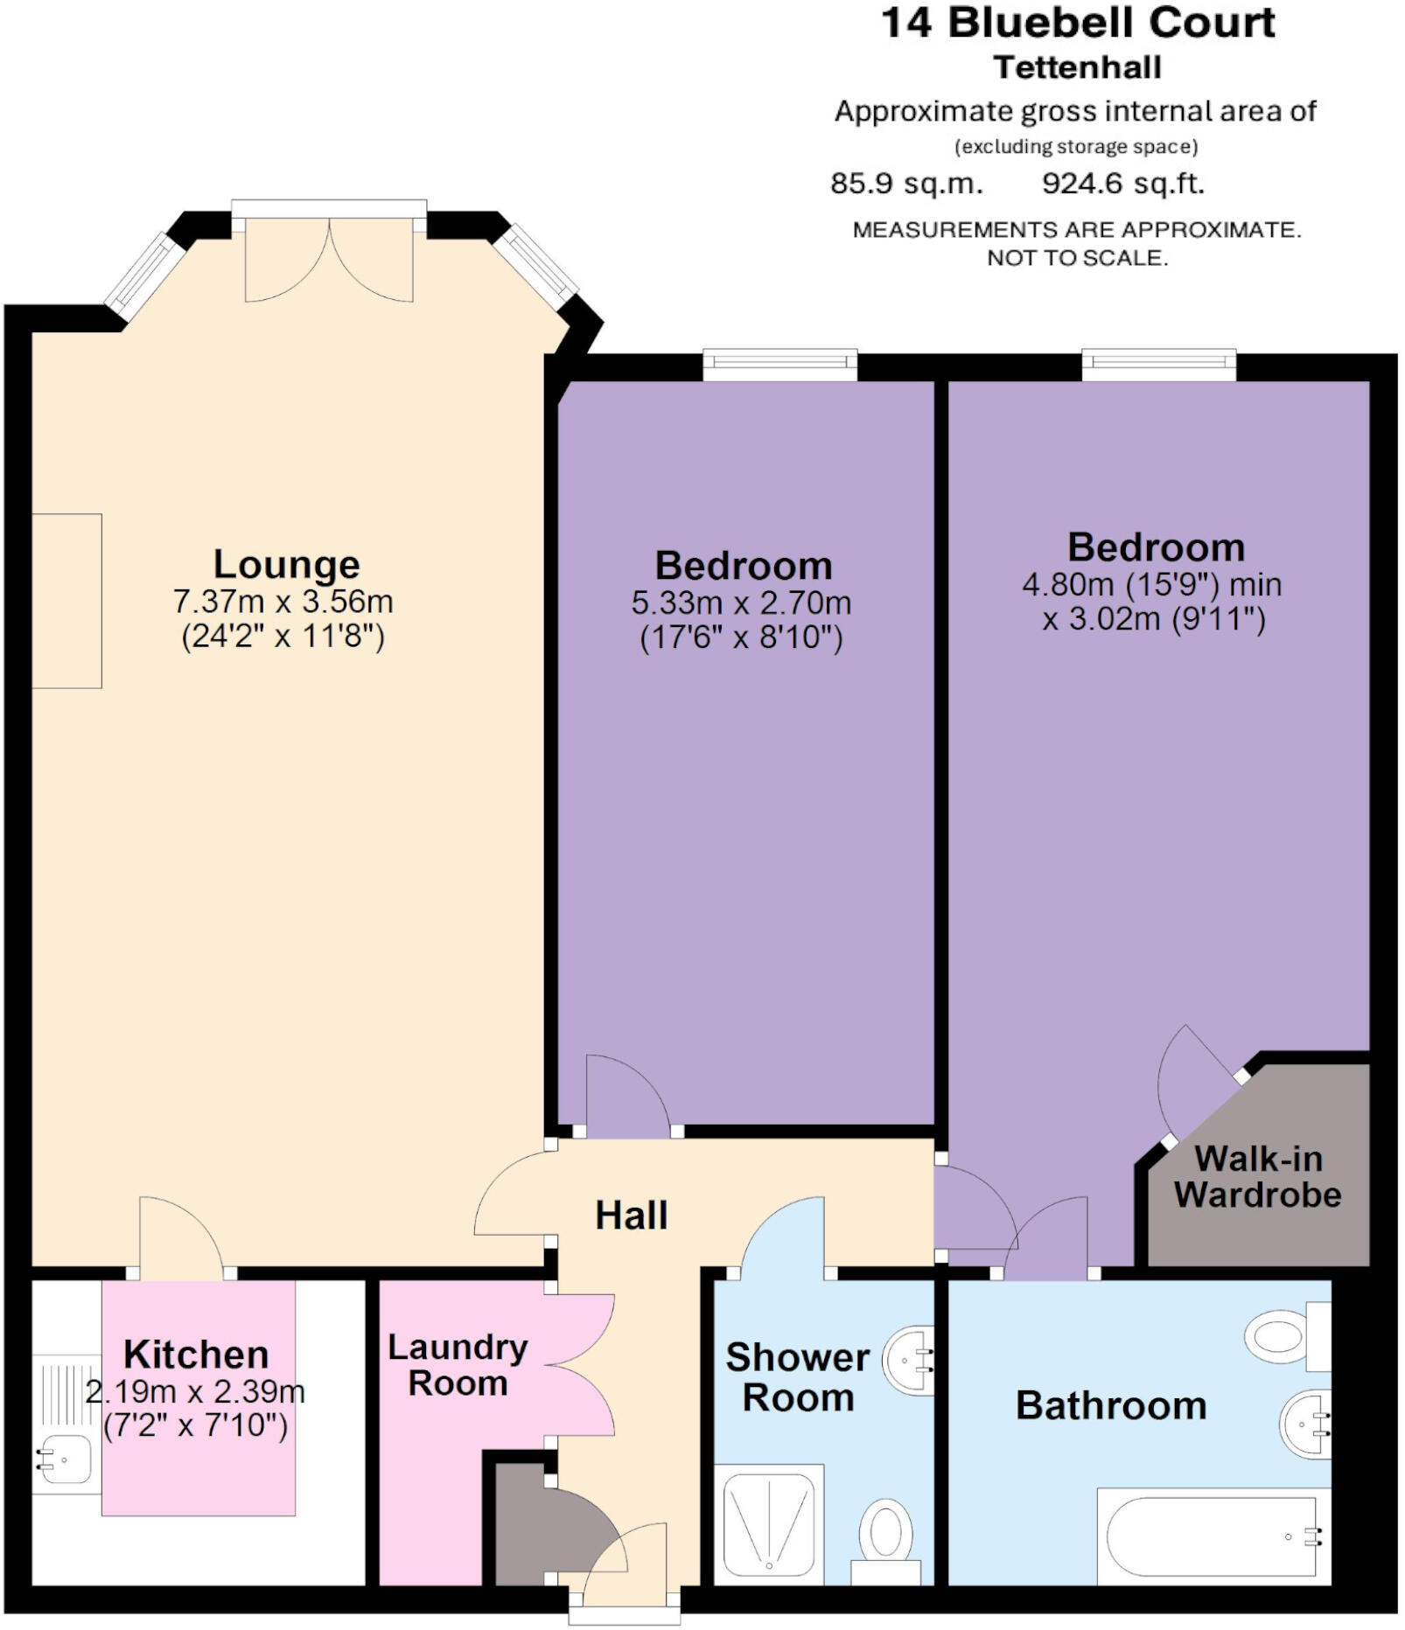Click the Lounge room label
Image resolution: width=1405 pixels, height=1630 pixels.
(286, 565)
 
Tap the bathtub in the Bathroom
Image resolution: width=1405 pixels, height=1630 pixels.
(1213, 1536)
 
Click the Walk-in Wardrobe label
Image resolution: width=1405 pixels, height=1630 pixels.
(1257, 1177)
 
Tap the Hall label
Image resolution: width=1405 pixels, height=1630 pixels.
(631, 1216)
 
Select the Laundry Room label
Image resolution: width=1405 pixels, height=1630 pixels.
(458, 1365)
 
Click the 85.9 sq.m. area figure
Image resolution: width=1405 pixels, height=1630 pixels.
(906, 184)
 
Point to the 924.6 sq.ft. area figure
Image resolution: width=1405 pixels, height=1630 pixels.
(1122, 184)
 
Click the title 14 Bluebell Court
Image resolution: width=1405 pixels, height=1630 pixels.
(1078, 23)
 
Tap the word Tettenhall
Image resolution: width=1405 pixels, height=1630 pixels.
(1078, 67)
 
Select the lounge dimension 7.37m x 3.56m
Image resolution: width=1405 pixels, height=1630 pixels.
(283, 602)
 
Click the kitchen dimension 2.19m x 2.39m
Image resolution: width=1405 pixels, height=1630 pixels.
(195, 1391)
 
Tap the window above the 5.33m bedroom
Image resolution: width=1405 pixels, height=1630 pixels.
(779, 365)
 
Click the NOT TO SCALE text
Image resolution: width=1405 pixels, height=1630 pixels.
(1077, 258)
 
